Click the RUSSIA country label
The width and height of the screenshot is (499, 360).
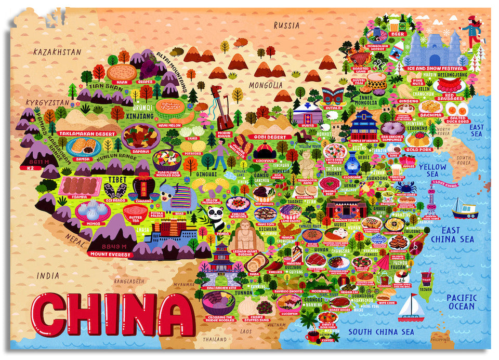tap(286, 25)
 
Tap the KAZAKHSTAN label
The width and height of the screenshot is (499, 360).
tap(57, 52)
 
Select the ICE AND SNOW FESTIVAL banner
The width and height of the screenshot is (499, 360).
tap(435, 69)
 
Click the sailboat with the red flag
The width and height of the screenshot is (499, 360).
tap(411, 308)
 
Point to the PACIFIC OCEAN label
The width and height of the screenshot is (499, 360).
tap(461, 302)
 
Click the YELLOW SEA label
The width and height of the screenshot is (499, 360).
tap(432, 170)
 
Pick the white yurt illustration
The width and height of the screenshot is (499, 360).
tap(304, 114)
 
